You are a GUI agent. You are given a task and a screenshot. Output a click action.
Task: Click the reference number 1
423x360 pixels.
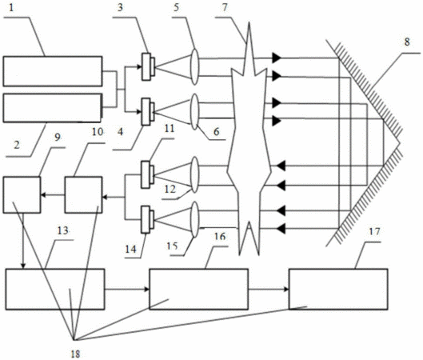point(10,7)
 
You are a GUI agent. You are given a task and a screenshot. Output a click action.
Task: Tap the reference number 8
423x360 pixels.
point(407,42)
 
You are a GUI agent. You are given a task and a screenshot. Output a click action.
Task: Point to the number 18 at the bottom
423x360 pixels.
point(75,354)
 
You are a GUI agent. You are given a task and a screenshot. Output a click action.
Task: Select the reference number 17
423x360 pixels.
point(374,231)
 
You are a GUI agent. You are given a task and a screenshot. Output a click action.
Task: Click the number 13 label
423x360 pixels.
point(63,230)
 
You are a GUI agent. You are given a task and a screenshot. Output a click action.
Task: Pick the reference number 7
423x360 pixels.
point(225,7)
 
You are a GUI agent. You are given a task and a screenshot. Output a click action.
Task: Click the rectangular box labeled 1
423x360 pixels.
point(53,71)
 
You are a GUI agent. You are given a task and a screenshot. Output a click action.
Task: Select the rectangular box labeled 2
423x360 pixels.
point(53,108)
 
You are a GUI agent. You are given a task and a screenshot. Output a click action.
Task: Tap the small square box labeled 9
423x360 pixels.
point(22,195)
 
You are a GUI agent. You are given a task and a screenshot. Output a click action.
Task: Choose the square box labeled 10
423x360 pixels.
point(83,195)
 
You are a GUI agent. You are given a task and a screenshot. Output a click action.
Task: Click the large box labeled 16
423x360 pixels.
point(199,289)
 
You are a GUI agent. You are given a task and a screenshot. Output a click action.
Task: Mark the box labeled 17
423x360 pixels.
point(338,289)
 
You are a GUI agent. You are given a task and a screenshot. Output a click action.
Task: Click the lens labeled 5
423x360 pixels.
point(195,66)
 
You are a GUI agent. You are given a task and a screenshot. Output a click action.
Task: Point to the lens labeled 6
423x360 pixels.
point(195,112)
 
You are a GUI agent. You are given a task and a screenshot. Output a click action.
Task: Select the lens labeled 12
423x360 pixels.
point(195,175)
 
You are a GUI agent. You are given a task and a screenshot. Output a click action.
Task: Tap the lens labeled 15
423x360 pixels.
point(195,220)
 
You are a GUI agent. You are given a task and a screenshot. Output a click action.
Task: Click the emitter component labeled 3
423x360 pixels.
point(148,66)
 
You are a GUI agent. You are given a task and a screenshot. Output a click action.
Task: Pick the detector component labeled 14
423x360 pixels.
point(148,219)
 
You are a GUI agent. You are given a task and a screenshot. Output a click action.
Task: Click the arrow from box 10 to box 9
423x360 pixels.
point(53,195)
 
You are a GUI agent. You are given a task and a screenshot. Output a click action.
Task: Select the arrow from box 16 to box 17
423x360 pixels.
point(269,290)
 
